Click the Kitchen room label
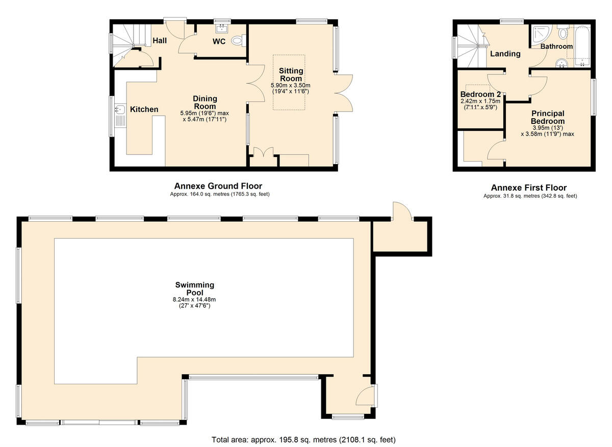click(x=144, y=109)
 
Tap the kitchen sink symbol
click(x=120, y=109)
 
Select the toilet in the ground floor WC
click(x=238, y=40)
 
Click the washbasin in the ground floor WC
click(x=222, y=28)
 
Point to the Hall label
click(x=160, y=40)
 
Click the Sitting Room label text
click(x=291, y=75)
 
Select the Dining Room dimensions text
click(x=205, y=116)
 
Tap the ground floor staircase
click(x=126, y=43)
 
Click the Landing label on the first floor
click(x=505, y=54)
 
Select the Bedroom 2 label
click(x=480, y=94)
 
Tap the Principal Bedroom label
click(x=548, y=117)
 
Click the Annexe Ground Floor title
click(x=218, y=186)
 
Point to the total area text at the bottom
click(x=303, y=439)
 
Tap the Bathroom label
click(x=556, y=46)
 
